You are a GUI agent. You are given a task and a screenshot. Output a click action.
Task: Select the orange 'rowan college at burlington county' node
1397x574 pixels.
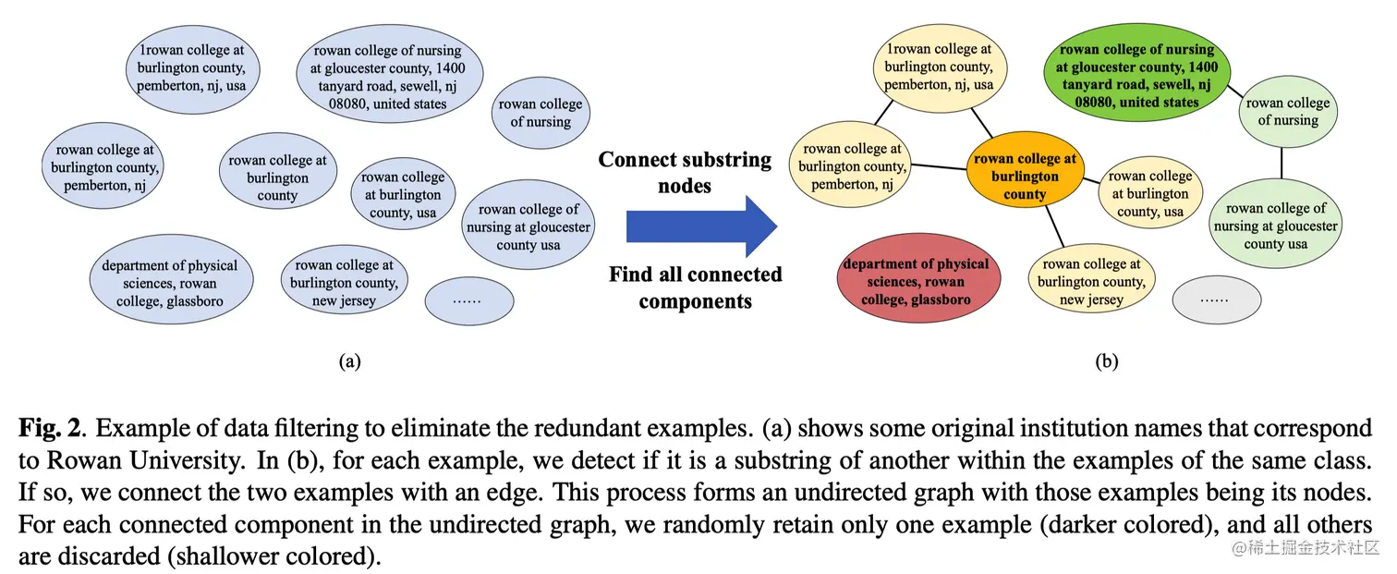[x=1025, y=177]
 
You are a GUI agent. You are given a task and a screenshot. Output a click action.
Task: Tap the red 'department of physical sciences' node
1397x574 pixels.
[x=915, y=282]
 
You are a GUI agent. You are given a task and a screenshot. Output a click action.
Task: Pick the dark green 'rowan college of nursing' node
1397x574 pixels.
[x=1136, y=76]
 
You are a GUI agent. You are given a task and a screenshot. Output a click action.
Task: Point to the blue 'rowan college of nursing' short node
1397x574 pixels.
[x=541, y=113]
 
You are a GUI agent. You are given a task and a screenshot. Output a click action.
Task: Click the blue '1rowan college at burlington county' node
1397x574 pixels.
[x=191, y=68]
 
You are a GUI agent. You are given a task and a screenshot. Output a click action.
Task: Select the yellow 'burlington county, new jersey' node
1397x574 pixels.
[x=1091, y=282]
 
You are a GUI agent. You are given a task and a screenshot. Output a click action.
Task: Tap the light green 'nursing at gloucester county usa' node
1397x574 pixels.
[x=1275, y=226]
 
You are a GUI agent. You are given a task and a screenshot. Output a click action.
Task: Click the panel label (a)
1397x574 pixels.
[x=349, y=361]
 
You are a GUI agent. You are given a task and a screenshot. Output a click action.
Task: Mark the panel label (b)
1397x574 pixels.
[x=1106, y=361]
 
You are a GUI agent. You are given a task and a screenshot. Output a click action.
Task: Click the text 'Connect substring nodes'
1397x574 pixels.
[x=685, y=172]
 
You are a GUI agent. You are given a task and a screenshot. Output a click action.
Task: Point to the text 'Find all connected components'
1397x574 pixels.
[x=695, y=287]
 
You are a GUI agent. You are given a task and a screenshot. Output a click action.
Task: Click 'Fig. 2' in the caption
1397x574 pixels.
[x=51, y=428]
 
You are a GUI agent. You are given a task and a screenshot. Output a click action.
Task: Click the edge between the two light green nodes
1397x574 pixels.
[x=1282, y=164]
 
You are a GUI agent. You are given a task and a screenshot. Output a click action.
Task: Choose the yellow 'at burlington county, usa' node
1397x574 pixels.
[x=1149, y=194]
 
